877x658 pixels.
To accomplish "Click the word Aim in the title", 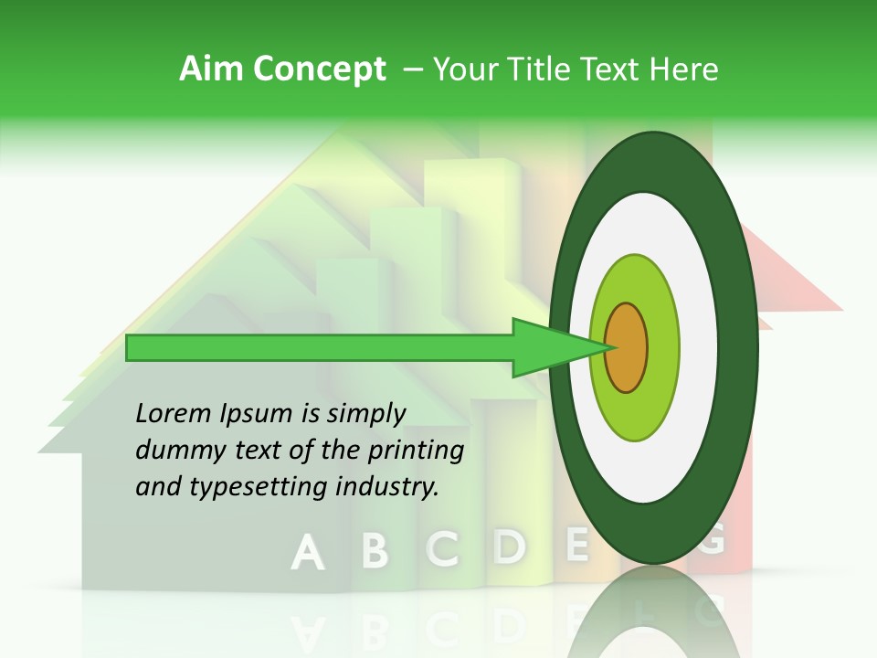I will (212, 69).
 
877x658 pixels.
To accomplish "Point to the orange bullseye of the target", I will (627, 347).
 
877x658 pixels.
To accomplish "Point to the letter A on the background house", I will (308, 552).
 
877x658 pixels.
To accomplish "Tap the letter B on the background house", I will (375, 550).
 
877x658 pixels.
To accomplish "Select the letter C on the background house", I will (443, 547).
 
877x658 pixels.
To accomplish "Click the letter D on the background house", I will (510, 546).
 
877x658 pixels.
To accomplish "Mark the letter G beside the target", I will (712, 540).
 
